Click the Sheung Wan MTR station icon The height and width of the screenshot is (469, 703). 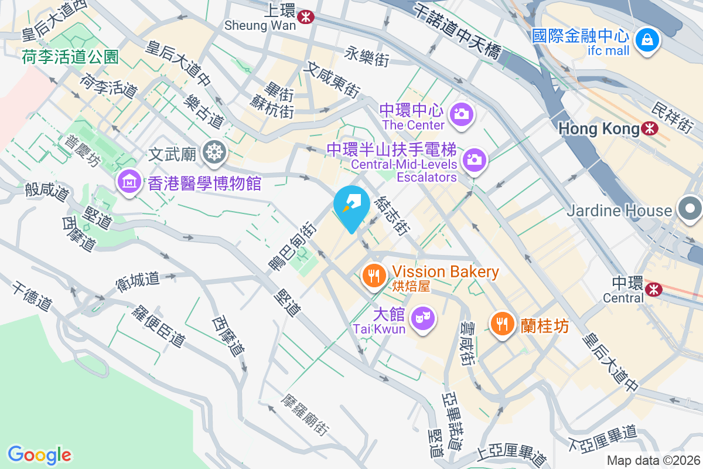tap(305, 17)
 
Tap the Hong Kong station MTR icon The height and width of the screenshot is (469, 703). tap(649, 128)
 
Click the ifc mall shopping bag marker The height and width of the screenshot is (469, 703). tap(648, 40)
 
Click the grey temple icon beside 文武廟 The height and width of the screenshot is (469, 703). tap(214, 154)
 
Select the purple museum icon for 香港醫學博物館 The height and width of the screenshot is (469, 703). tap(128, 183)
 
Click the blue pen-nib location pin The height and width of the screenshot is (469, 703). tap(351, 205)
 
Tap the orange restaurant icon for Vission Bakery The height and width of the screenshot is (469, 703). tap(373, 274)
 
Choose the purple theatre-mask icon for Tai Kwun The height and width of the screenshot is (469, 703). tap(422, 318)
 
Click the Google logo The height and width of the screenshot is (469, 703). tap(39, 455)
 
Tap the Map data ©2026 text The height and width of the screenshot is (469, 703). tap(653, 460)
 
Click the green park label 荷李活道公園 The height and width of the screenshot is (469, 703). tap(70, 57)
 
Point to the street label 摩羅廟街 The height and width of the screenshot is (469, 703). tap(304, 414)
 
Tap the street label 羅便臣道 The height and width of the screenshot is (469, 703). tap(159, 325)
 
